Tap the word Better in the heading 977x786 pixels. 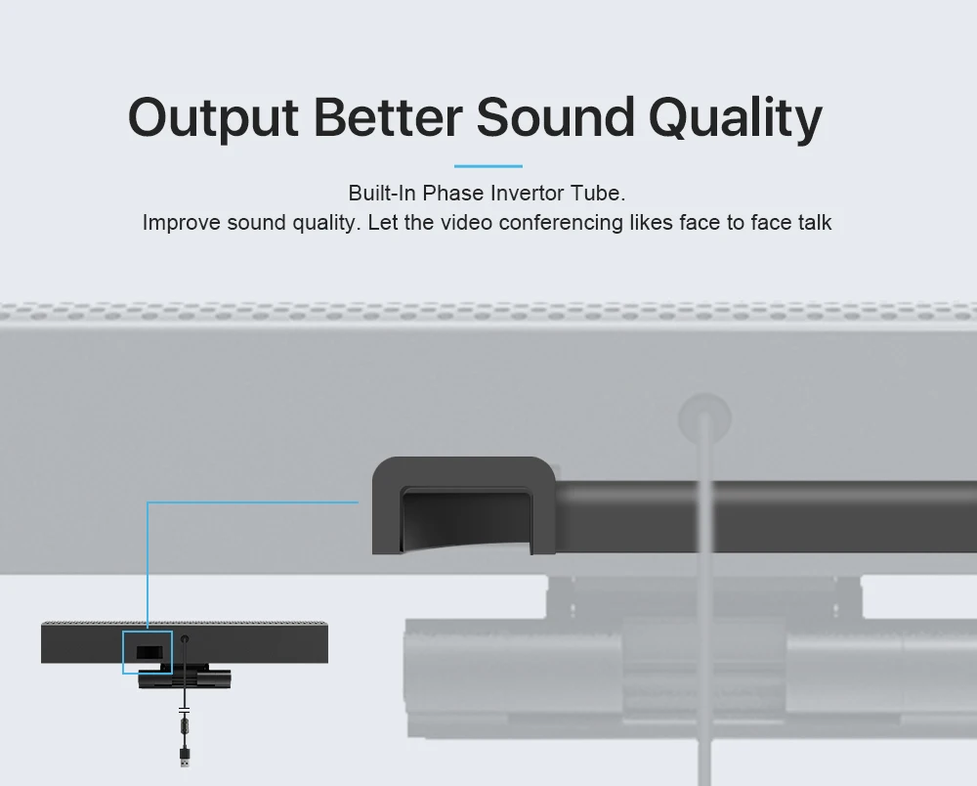point(387,117)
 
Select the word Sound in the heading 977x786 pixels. point(555,117)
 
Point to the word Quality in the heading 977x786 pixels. point(735,119)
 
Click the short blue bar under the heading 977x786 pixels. point(488,166)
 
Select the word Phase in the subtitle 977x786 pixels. point(452,193)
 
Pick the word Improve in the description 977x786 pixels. point(181,223)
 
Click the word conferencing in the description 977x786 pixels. point(556,223)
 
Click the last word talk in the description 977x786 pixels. point(812,223)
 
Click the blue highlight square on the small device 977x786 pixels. point(147,652)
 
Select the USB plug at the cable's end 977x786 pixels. point(184,757)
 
